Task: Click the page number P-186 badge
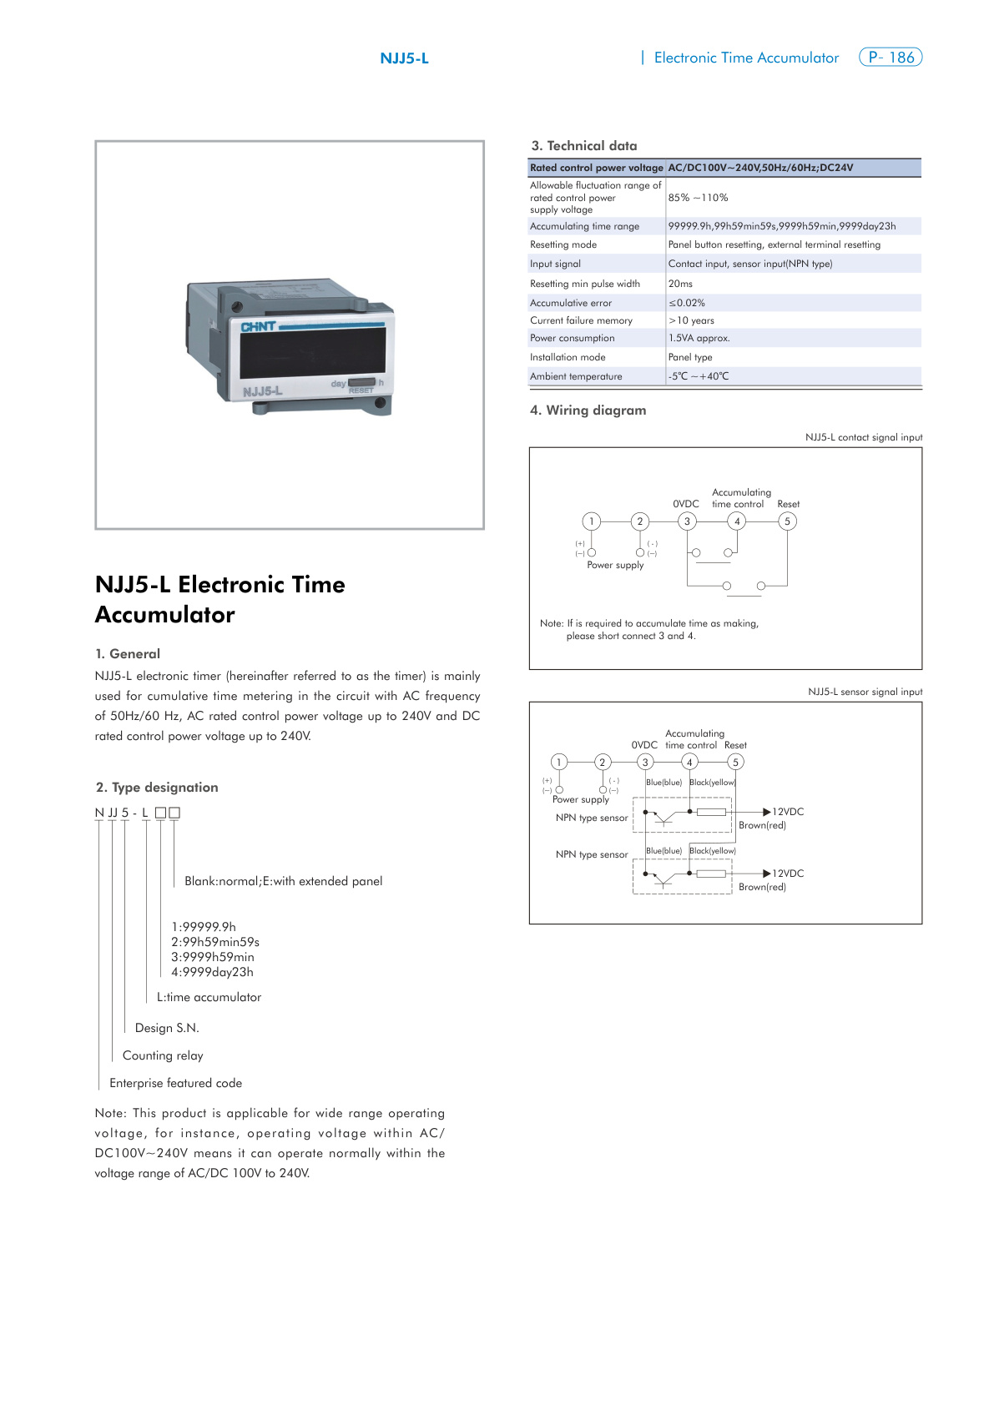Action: click(x=890, y=58)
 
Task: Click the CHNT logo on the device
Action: click(x=258, y=326)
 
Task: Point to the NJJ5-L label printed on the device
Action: click(x=263, y=391)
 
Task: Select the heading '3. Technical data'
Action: click(x=584, y=146)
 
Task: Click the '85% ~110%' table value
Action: click(x=698, y=198)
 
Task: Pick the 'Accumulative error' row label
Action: click(x=571, y=303)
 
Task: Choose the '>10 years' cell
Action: click(x=691, y=320)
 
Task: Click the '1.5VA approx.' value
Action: click(x=699, y=338)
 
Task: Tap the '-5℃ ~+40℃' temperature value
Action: click(x=699, y=376)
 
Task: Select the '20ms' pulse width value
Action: click(x=680, y=284)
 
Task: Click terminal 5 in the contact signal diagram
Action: click(x=787, y=521)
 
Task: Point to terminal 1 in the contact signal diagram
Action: click(x=592, y=521)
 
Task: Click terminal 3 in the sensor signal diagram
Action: click(x=645, y=762)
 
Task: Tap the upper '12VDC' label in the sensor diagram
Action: click(x=788, y=812)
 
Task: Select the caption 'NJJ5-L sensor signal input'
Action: click(x=865, y=692)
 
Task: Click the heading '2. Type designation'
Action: click(x=157, y=788)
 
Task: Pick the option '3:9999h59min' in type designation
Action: click(x=213, y=957)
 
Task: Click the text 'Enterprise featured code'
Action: click(x=176, y=1083)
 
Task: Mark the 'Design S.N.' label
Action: click(x=167, y=1028)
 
